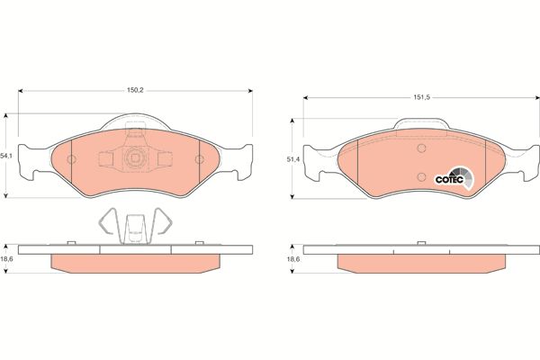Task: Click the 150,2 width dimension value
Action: click(x=135, y=90)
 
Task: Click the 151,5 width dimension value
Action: click(x=422, y=97)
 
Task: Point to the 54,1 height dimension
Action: click(x=6, y=156)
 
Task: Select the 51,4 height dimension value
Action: click(x=293, y=159)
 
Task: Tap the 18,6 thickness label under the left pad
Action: click(x=6, y=259)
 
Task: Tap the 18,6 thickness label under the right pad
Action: click(x=293, y=259)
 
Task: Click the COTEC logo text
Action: click(x=446, y=179)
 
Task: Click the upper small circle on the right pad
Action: click(x=421, y=148)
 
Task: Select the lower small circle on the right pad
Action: click(x=421, y=177)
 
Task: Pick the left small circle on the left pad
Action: click(x=71, y=159)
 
